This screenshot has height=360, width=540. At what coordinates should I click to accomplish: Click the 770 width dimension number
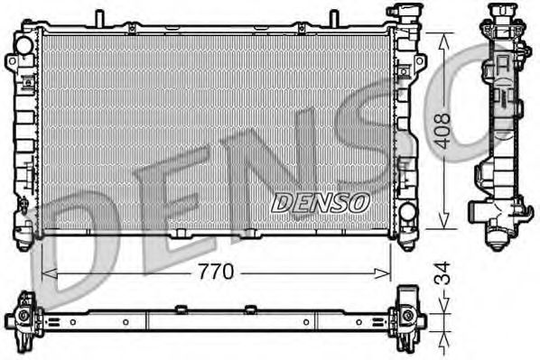(x=218, y=271)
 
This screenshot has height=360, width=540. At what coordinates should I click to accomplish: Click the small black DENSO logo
(x=321, y=202)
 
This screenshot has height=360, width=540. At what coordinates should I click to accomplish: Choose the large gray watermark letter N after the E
(x=271, y=162)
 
